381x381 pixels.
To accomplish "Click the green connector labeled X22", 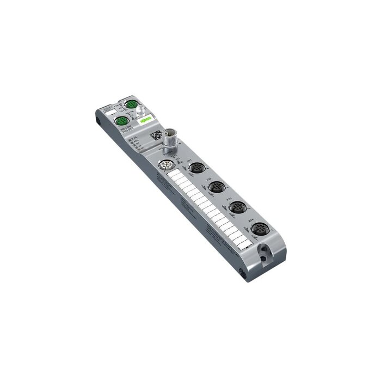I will [130, 105].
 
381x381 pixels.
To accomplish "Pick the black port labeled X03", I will [236, 207].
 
